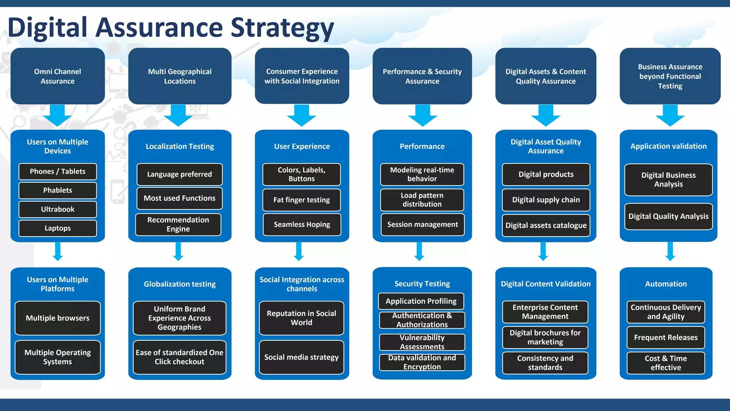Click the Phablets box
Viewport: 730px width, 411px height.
tap(57, 191)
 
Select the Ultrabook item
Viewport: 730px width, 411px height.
tap(57, 209)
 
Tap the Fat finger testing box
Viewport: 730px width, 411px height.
tap(302, 200)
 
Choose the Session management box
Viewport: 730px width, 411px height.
tap(422, 225)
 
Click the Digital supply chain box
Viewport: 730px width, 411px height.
tap(546, 200)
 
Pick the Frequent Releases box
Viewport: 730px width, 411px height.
tap(665, 338)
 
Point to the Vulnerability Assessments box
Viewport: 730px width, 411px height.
tap(422, 342)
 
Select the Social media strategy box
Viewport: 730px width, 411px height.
tap(302, 357)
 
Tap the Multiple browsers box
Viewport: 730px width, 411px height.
tap(57, 318)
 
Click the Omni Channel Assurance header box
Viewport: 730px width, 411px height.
tap(57, 76)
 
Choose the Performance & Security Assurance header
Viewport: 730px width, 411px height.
tap(422, 76)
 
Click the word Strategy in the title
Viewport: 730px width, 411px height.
tap(282, 28)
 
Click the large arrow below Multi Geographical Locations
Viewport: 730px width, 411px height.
tap(178, 115)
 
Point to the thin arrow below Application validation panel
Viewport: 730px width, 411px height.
tap(670, 251)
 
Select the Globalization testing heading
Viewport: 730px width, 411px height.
tap(180, 284)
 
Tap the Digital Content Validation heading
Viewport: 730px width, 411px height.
tap(546, 284)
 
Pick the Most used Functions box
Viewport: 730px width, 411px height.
tap(179, 198)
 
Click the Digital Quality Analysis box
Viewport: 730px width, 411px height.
tap(668, 217)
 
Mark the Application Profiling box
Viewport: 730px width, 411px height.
tap(421, 301)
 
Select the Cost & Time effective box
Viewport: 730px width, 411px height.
tap(665, 363)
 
